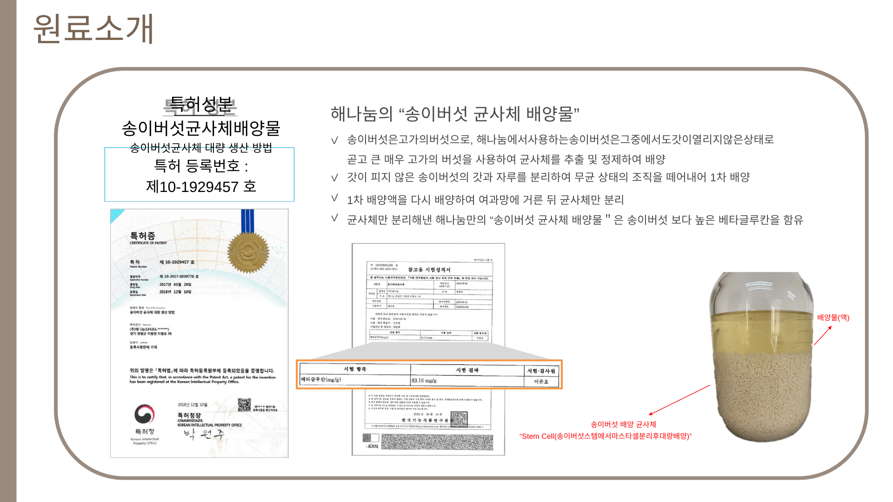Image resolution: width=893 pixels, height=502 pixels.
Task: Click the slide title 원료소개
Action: coord(93,29)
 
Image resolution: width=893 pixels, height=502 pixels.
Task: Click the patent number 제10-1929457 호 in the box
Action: coord(201,187)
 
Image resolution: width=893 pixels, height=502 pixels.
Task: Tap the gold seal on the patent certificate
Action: coord(248,252)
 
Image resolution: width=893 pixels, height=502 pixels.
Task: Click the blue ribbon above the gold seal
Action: coord(247,220)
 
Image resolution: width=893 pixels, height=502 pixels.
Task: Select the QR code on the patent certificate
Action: coord(244,405)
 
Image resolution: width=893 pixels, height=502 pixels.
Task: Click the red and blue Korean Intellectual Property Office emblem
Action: coord(145,414)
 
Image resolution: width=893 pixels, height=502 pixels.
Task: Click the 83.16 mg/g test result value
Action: coord(424,381)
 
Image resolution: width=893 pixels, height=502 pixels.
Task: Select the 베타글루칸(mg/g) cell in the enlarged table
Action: coord(321,380)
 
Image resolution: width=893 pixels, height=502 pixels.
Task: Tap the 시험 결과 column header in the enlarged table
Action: coord(467,370)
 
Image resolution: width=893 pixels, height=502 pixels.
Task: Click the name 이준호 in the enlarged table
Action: coord(541,382)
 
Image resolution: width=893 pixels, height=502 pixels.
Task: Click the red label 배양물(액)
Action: coord(833,317)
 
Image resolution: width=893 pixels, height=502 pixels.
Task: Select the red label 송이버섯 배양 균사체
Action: coord(623,424)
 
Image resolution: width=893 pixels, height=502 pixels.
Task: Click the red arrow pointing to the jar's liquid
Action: coord(823,335)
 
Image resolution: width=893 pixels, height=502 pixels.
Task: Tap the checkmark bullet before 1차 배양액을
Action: coord(334,198)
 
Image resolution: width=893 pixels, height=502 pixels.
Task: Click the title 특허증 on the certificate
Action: coord(142,236)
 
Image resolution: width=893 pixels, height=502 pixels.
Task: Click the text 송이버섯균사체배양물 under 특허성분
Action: coord(201,128)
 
